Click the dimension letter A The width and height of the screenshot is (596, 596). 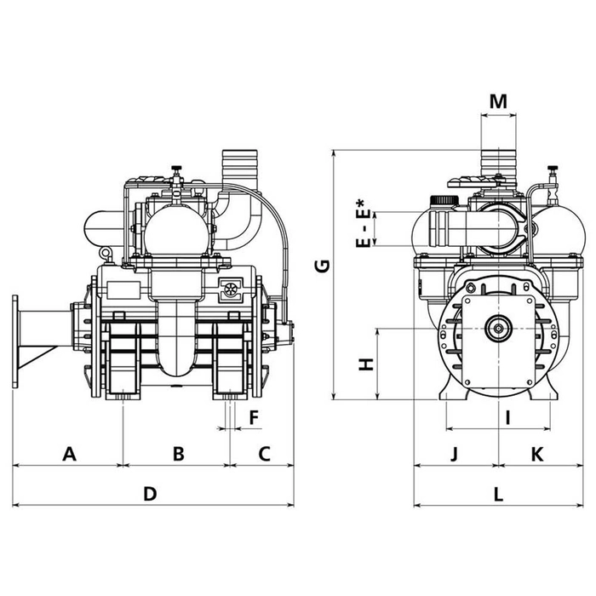pos(70,454)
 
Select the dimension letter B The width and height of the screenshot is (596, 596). pos(178,454)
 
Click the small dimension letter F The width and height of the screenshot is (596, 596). pos(253,416)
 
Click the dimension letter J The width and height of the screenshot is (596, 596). pos(455,454)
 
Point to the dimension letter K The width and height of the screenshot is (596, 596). pos(537,454)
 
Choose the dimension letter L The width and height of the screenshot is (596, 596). pos(499,493)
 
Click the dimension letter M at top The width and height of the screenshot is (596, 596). pos(499,101)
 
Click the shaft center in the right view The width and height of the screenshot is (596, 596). pos(496,327)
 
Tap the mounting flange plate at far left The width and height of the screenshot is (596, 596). pos(15,341)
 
